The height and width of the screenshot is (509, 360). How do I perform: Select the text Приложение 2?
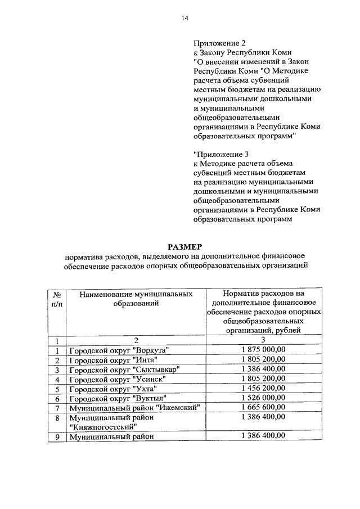(220, 43)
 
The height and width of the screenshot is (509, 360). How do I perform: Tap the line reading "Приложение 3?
(221, 153)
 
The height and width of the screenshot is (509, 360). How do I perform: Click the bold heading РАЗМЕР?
(186, 246)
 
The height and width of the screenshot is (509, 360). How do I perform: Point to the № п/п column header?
(57, 299)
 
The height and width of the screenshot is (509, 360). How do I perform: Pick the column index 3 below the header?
(263, 340)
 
